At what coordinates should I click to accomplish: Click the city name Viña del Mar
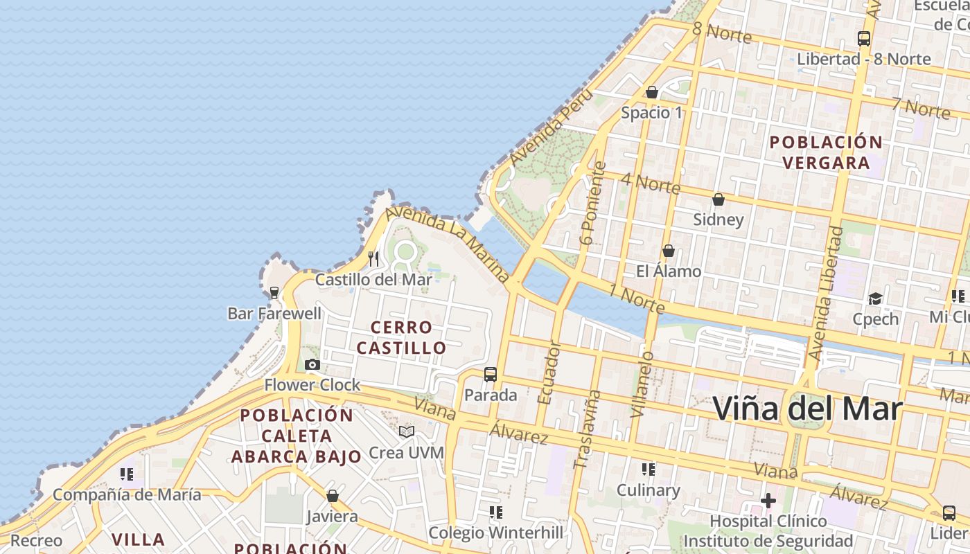[x=807, y=409]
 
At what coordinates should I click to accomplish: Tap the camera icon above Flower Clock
[x=312, y=364]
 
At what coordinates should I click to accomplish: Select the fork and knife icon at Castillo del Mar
[x=373, y=259]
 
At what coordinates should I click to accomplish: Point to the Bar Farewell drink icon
[x=274, y=292]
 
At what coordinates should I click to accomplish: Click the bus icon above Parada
[x=491, y=375]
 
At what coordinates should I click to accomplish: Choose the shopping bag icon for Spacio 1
[x=651, y=92]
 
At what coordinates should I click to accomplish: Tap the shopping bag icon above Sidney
[x=718, y=199]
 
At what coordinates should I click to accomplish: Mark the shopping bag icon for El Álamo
[x=669, y=251]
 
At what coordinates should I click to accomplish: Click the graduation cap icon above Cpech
[x=876, y=298]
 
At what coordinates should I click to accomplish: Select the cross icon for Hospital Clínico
[x=768, y=500]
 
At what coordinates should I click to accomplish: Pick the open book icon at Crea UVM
[x=407, y=432]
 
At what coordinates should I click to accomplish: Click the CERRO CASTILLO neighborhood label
[x=402, y=337]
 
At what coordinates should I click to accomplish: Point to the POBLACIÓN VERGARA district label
[x=827, y=152]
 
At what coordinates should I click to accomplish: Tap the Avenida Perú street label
[x=551, y=127]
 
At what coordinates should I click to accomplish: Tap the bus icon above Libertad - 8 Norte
[x=863, y=39]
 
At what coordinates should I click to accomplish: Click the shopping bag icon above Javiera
[x=333, y=496]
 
